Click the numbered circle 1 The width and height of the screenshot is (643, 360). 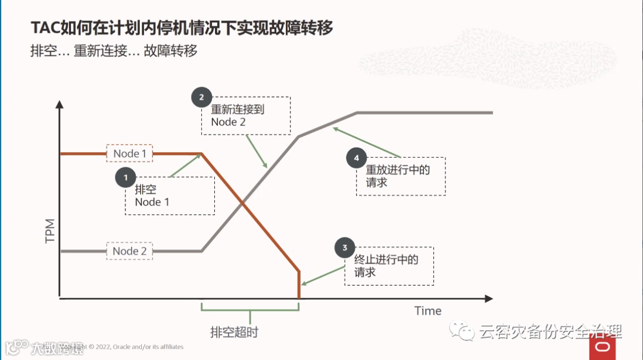(126, 177)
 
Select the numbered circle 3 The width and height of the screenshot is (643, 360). (345, 248)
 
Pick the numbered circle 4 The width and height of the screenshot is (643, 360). (357, 158)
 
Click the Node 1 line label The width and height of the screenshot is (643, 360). (130, 154)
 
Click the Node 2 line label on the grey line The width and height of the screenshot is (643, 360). (130, 251)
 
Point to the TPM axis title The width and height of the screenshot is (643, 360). (50, 231)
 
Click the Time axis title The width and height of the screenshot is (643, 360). (428, 311)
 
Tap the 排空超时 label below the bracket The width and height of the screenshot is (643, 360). (234, 332)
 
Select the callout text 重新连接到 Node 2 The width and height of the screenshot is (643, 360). (237, 116)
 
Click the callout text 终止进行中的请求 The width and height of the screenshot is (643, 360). (386, 266)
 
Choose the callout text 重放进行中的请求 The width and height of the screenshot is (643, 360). (398, 176)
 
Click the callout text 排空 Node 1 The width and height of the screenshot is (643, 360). (152, 196)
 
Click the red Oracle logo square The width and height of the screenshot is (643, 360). (603, 348)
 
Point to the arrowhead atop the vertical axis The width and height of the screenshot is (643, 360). (60, 104)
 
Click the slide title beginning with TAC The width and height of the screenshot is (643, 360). (182, 27)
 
